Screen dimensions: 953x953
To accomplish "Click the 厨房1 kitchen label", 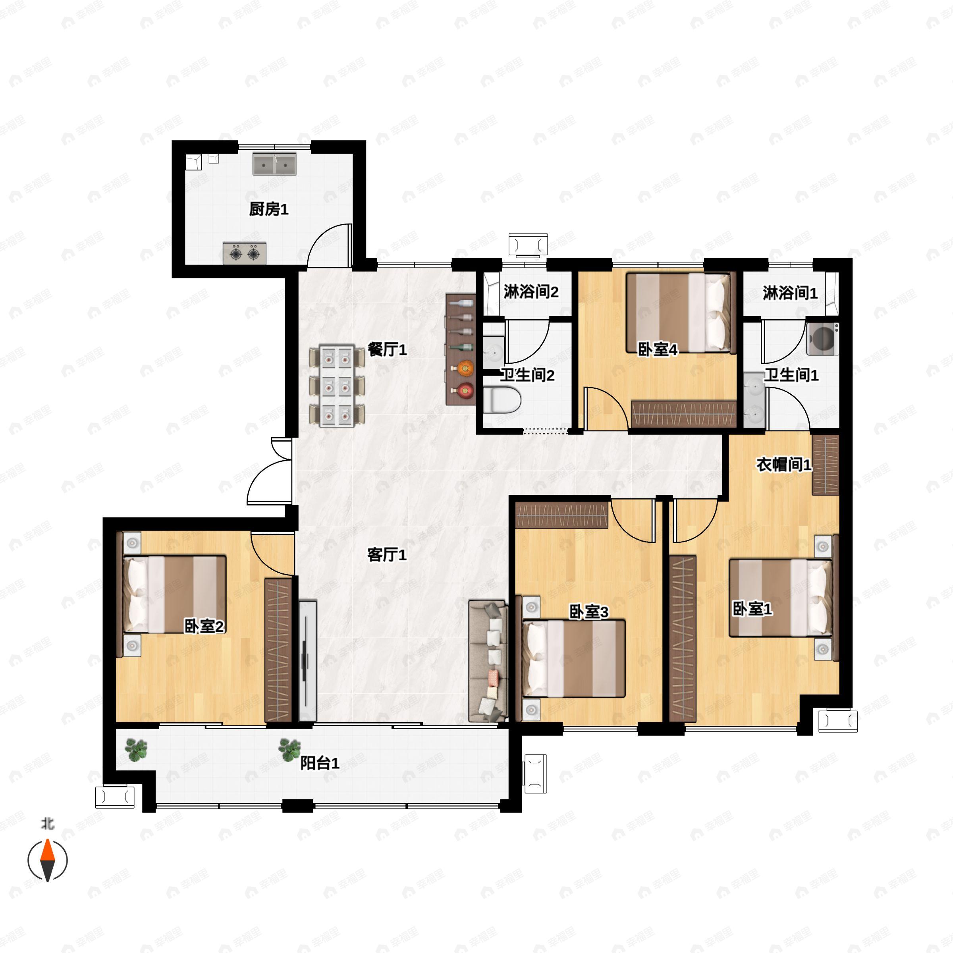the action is [x=268, y=209].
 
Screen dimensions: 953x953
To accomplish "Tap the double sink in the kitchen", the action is [x=275, y=164].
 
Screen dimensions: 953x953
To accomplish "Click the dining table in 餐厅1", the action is [x=337, y=386].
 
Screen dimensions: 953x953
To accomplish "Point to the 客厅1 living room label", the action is [x=387, y=555].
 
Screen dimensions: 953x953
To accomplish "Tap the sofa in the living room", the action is [x=488, y=661].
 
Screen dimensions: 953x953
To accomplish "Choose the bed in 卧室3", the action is [x=574, y=658].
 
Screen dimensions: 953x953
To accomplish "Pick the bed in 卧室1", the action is [x=780, y=597].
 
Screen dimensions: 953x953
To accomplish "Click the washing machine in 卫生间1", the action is [x=822, y=338].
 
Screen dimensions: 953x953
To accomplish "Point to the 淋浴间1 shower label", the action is [x=790, y=293].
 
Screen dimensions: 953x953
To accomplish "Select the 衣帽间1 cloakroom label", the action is [x=784, y=464].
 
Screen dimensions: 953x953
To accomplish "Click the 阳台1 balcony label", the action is [x=320, y=764].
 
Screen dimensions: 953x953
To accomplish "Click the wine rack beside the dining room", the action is [x=461, y=349].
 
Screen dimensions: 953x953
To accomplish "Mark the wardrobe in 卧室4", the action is [x=684, y=414].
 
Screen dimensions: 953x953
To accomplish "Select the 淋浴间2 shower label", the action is [x=531, y=291].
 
